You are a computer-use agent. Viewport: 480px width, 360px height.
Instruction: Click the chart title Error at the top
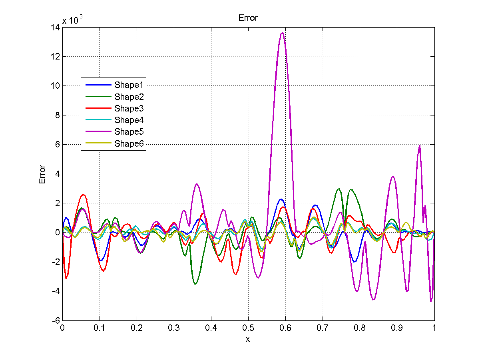click(248, 18)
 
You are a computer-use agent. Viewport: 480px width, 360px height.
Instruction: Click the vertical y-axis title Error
click(42, 174)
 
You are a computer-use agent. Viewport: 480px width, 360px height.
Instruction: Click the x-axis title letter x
click(248, 339)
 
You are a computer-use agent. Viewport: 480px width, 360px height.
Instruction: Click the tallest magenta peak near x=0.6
click(282, 33)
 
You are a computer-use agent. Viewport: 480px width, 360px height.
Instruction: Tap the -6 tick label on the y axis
click(55, 320)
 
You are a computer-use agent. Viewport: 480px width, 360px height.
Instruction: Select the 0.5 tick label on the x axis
click(248, 328)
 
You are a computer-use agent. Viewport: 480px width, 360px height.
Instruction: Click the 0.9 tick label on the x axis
click(397, 328)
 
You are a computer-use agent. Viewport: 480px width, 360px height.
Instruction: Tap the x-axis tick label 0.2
click(137, 328)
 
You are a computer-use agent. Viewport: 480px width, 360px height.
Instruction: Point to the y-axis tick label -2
click(55, 262)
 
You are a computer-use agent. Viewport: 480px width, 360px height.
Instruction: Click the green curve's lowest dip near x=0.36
click(195, 284)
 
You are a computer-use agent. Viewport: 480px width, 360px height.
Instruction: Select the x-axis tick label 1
click(434, 328)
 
